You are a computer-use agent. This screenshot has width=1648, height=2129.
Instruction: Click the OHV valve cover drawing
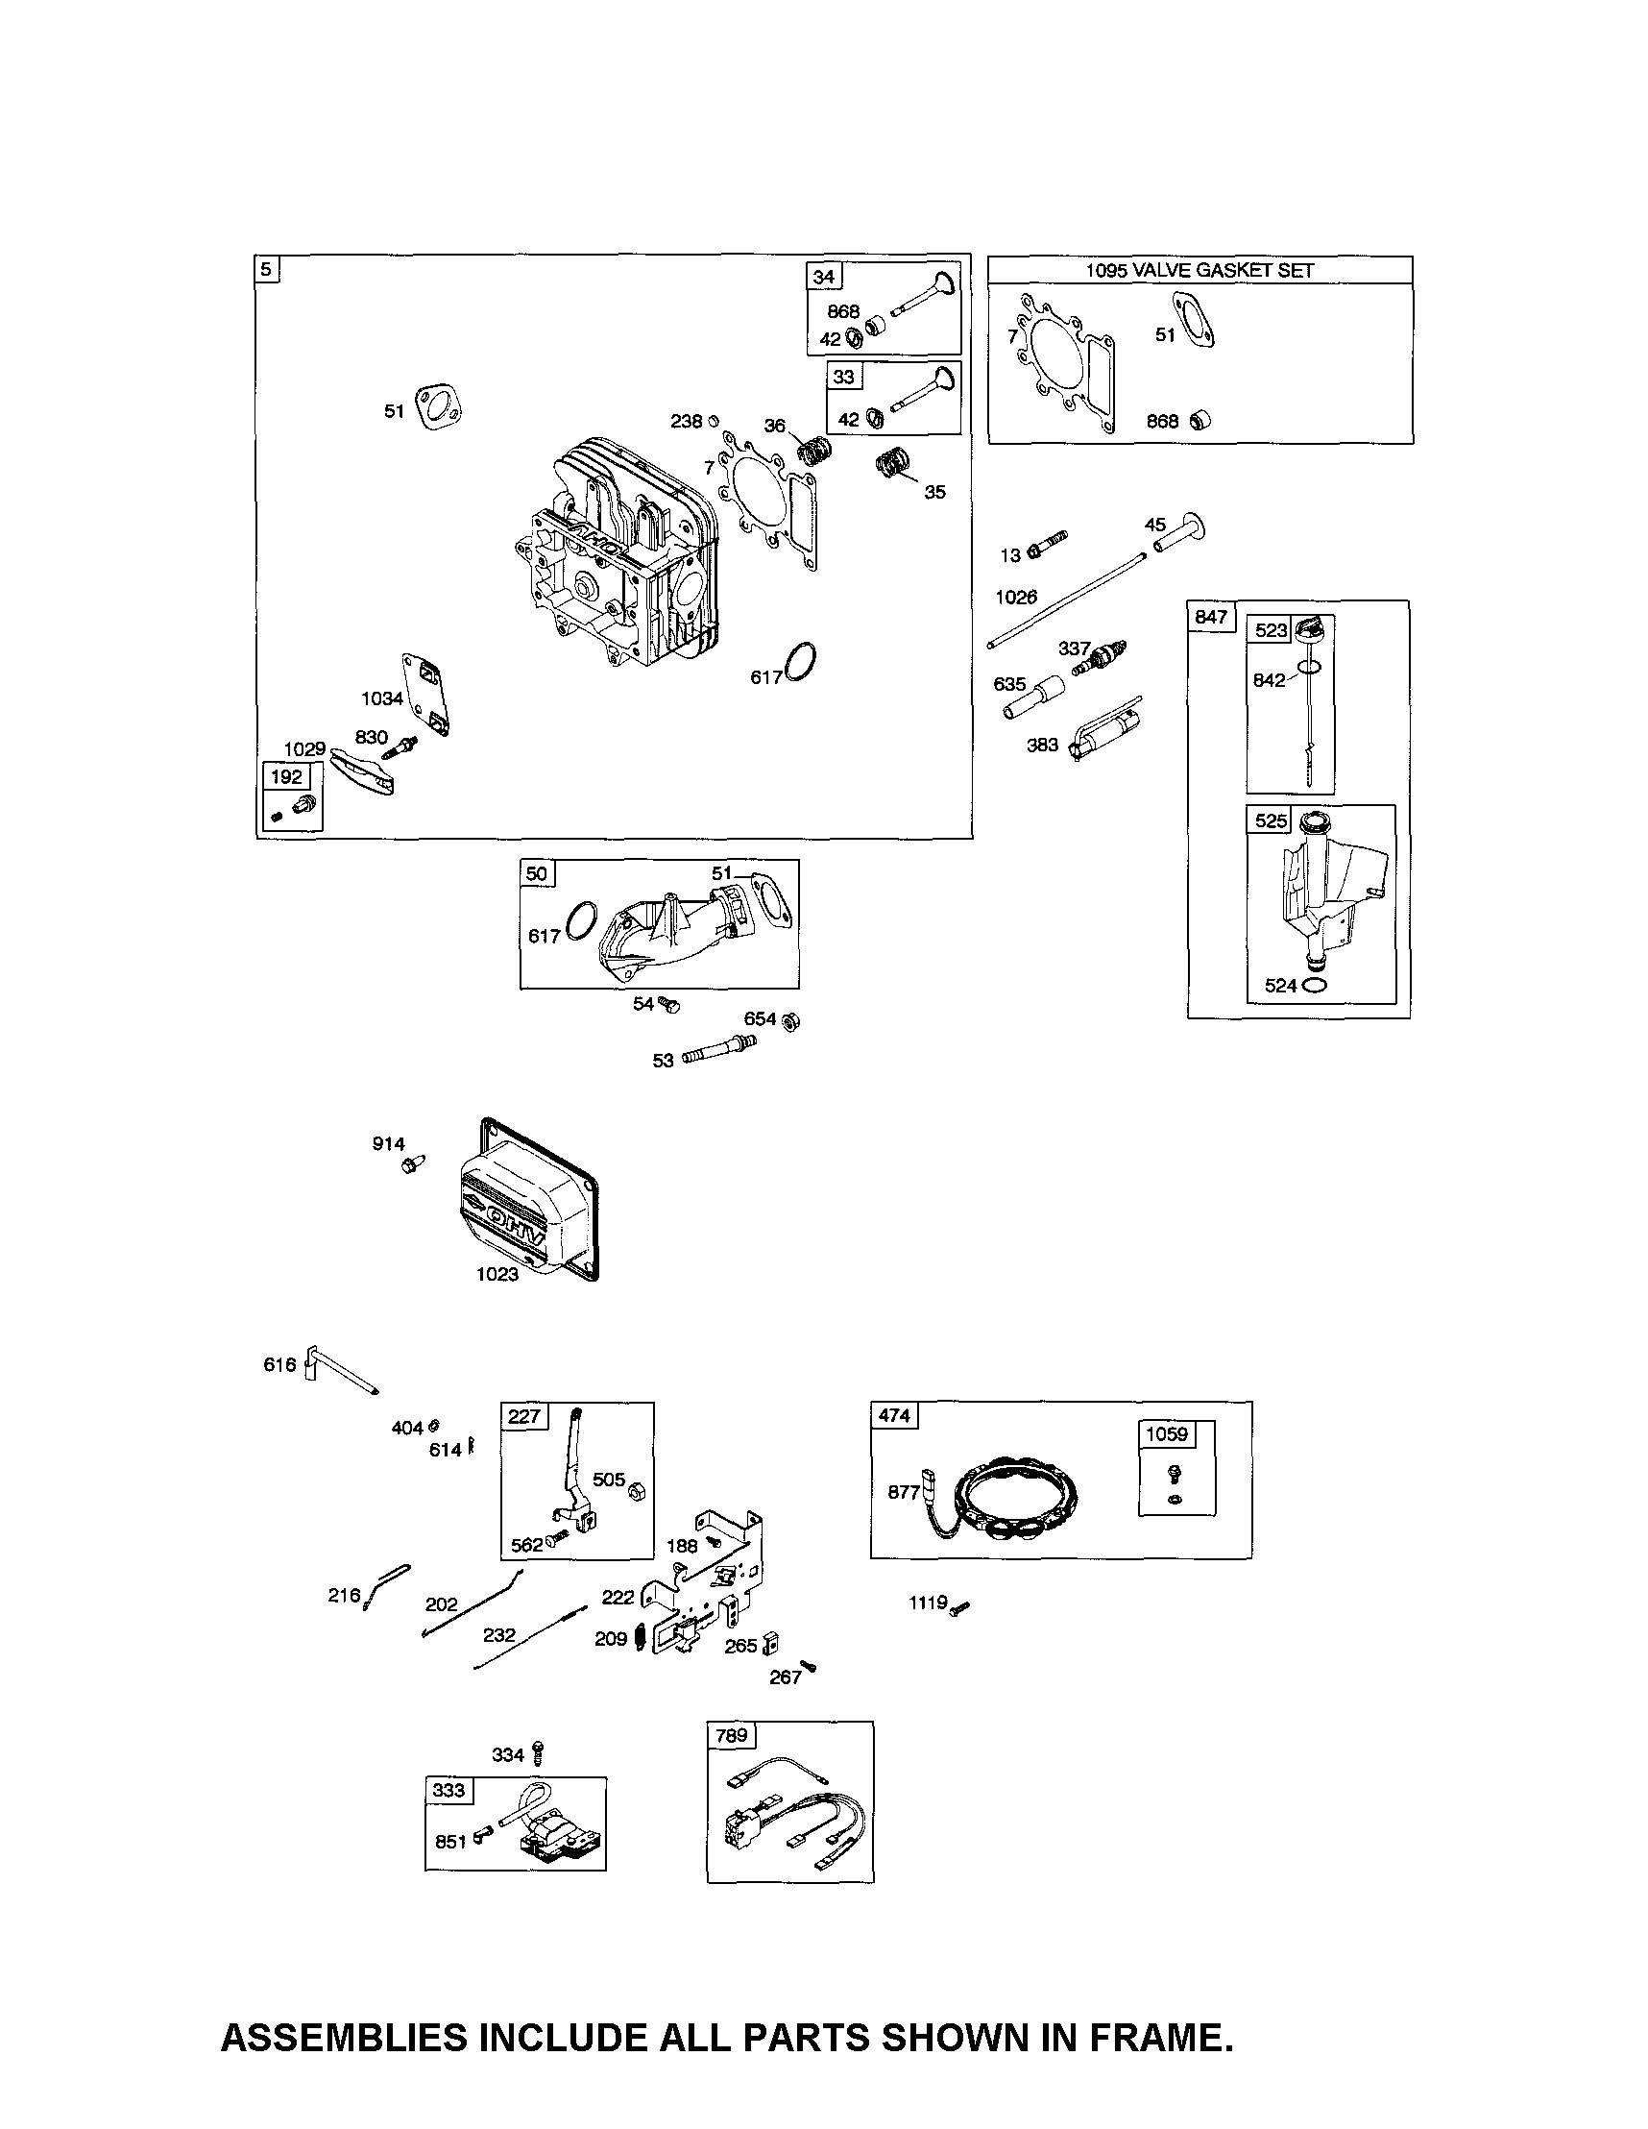[x=526, y=1201]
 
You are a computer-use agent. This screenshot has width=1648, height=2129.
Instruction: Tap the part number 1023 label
[x=497, y=1274]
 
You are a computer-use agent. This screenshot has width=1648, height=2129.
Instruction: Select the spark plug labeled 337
[x=1104, y=657]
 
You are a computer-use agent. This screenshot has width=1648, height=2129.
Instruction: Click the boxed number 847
[x=1210, y=617]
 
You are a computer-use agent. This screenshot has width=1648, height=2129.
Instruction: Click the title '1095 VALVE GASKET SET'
[x=1200, y=271]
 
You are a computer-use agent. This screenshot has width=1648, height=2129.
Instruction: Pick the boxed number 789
[x=731, y=1735]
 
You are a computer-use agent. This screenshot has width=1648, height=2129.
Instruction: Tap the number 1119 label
[x=928, y=1602]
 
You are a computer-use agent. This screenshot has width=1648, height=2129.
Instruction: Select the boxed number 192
[x=286, y=777]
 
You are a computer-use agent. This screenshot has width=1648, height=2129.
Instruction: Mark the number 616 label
[x=279, y=1365]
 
